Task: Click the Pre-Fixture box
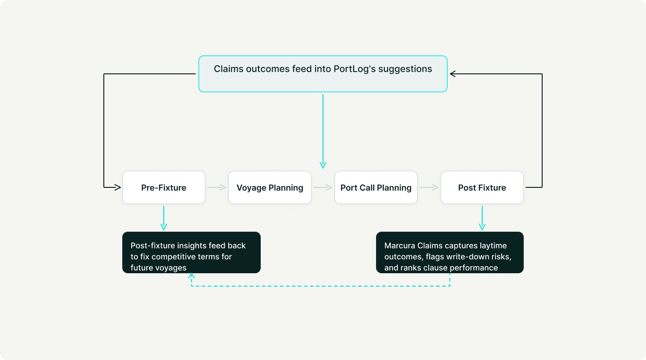click(164, 187)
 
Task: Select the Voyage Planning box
click(270, 187)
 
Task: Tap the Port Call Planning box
click(376, 187)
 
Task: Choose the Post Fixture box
click(482, 187)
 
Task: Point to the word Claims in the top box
click(228, 69)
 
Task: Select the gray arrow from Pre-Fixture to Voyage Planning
click(217, 187)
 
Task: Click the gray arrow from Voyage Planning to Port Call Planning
click(323, 187)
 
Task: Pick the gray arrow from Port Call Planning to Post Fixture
click(429, 187)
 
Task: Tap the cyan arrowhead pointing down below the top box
click(323, 165)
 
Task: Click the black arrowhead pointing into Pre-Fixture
click(117, 187)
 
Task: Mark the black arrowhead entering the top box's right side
click(453, 74)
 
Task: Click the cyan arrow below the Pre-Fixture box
click(164, 218)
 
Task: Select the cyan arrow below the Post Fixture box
click(482, 218)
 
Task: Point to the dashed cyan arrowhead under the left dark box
click(191, 276)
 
